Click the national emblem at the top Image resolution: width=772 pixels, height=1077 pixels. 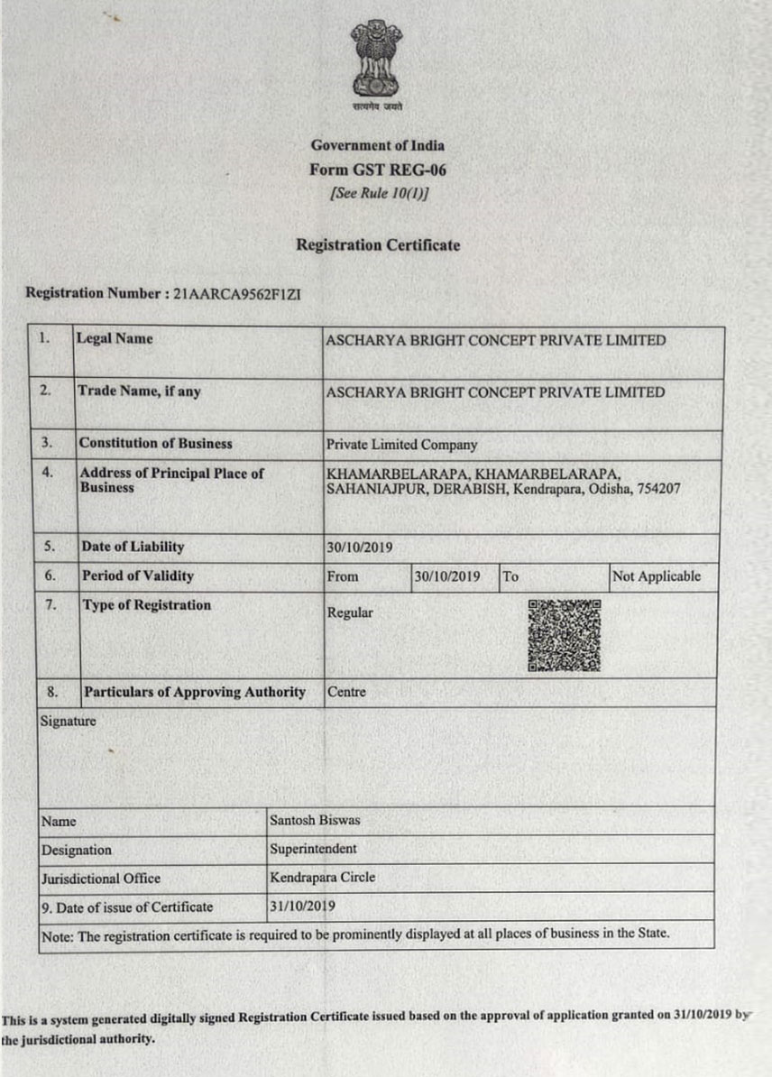(377, 61)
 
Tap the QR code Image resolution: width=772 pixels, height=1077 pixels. (565, 635)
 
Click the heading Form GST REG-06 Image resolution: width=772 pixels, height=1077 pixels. (377, 169)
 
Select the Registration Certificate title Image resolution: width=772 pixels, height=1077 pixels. (378, 245)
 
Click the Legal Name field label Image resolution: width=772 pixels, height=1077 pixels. (115, 339)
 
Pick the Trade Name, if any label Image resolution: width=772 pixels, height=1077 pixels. (140, 391)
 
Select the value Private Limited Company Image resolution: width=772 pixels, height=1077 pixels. (402, 445)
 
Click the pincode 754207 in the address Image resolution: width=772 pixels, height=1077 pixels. (660, 488)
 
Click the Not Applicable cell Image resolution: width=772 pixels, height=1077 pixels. (656, 576)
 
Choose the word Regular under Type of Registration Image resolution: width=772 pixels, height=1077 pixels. (350, 613)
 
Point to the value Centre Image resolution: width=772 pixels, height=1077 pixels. (346, 693)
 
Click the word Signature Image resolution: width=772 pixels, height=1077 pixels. (68, 722)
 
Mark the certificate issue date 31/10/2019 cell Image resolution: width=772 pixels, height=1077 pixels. (302, 906)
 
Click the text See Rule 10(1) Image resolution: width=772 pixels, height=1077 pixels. (378, 192)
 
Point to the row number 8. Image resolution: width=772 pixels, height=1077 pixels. (52, 693)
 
